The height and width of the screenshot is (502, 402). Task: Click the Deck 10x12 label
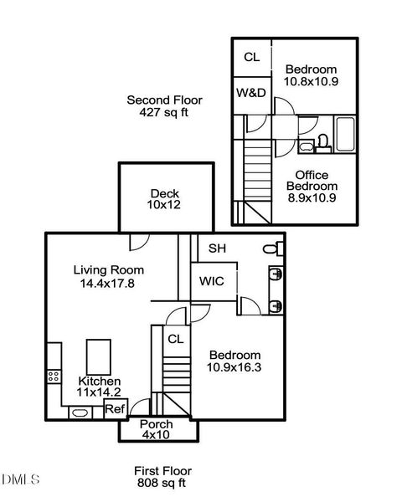(x=164, y=199)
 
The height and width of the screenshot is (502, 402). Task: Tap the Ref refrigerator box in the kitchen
(x=116, y=408)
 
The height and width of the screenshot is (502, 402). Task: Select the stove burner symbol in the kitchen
(x=54, y=376)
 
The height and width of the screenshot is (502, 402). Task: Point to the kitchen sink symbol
(x=80, y=412)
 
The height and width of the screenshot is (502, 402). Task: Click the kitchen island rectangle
(x=99, y=357)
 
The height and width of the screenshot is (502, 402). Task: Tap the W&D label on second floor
(x=251, y=93)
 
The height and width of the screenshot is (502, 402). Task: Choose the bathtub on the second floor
(x=345, y=134)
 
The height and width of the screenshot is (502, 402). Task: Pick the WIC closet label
(x=212, y=281)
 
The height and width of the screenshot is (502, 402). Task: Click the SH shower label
(x=217, y=248)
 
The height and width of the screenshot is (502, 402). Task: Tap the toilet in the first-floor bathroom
(x=274, y=248)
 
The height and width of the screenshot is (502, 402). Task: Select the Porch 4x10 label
(x=157, y=430)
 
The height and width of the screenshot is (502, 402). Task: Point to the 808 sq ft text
(x=162, y=483)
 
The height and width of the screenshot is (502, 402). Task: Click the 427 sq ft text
(x=164, y=112)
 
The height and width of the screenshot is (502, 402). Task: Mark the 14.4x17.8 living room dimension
(x=107, y=284)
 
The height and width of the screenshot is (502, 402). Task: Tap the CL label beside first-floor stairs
(x=176, y=339)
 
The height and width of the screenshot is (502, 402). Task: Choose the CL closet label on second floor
(x=251, y=57)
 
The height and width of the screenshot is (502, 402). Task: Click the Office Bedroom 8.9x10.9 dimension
(x=312, y=197)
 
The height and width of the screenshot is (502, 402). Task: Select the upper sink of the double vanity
(x=276, y=274)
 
